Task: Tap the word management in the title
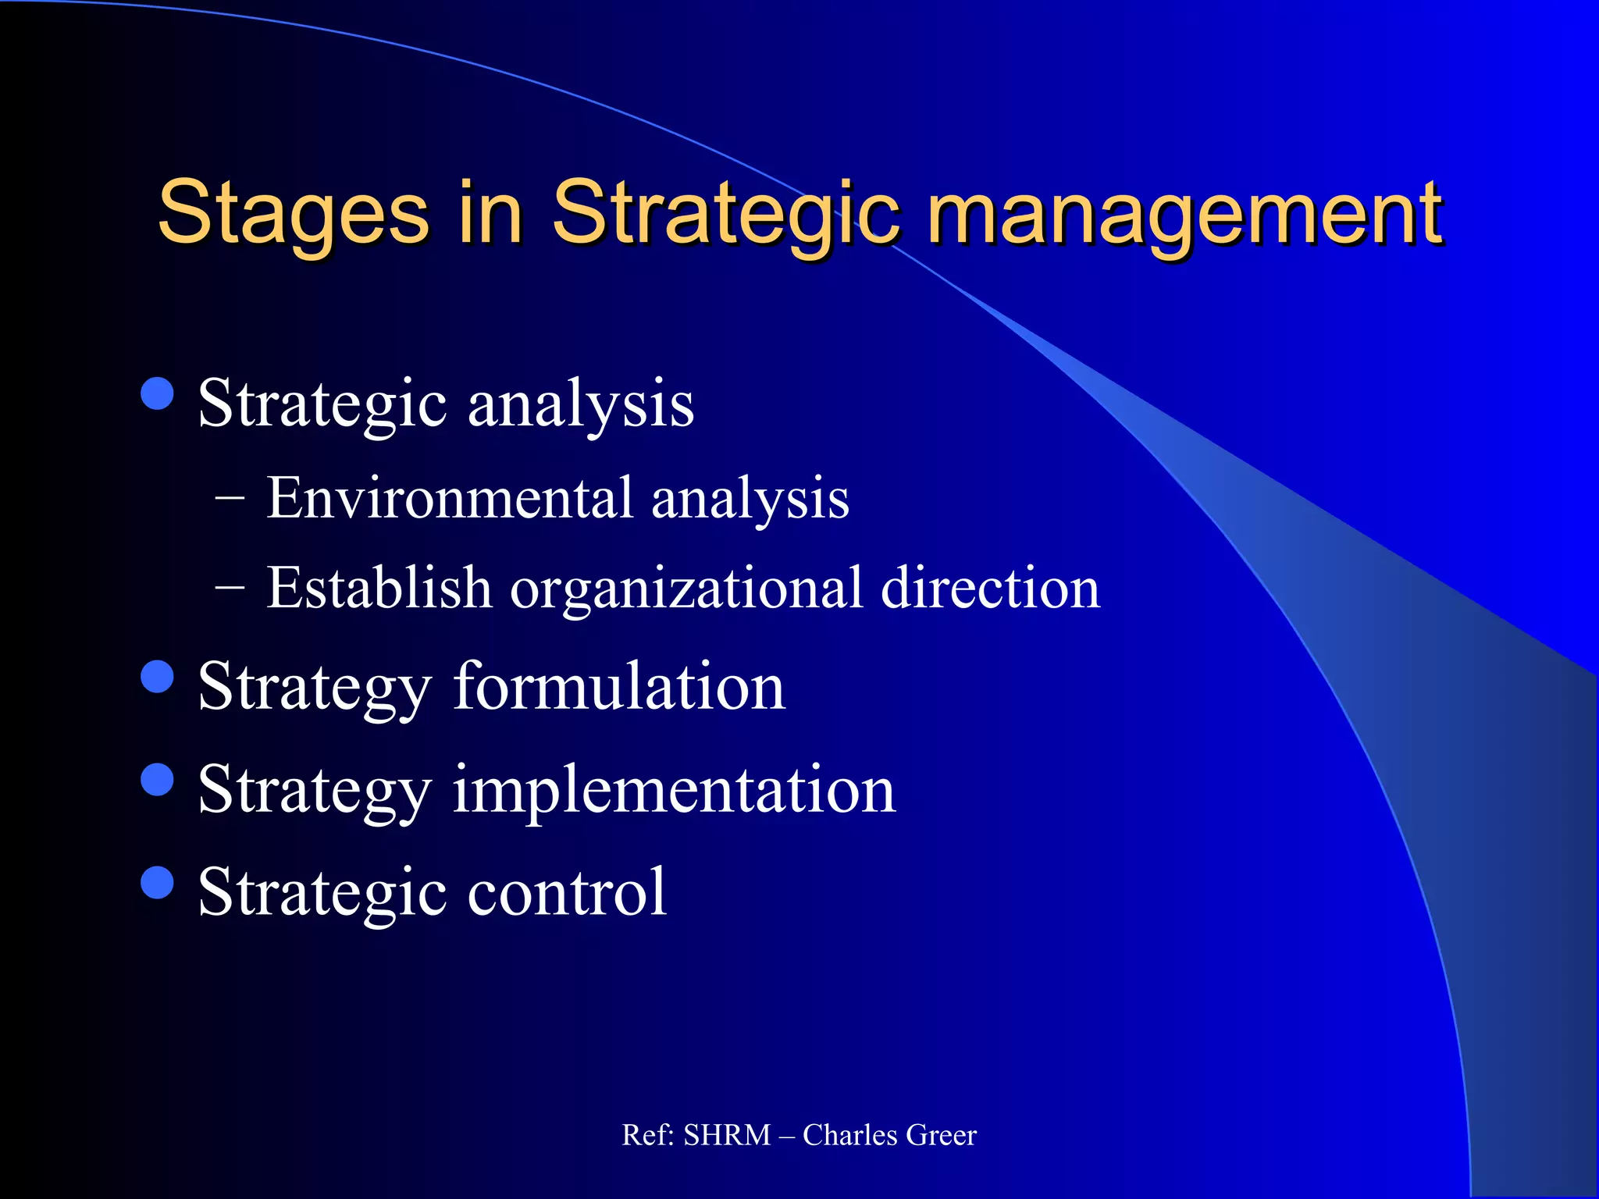coord(1184,212)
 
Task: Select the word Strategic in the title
coord(726,212)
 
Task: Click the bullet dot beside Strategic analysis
coord(158,393)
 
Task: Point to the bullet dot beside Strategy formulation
coord(158,677)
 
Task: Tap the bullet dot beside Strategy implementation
coord(158,779)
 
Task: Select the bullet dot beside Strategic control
coord(158,883)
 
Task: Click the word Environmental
coord(449,498)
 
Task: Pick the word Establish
coord(379,587)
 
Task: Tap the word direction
coord(990,587)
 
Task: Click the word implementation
coord(674,790)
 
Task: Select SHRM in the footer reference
coord(727,1135)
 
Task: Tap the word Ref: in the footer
coord(647,1135)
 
